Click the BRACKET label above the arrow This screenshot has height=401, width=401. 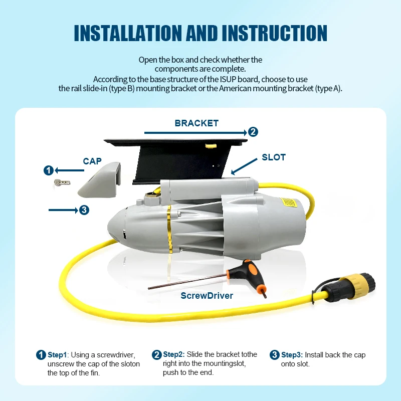click(x=196, y=123)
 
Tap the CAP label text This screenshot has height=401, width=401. click(x=92, y=161)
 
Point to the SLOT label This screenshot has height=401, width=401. click(x=274, y=157)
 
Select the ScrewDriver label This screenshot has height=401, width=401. click(x=207, y=296)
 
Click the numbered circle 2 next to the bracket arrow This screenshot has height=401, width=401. click(x=253, y=132)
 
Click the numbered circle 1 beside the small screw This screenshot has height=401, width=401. click(x=49, y=170)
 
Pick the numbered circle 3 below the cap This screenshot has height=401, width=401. click(x=84, y=210)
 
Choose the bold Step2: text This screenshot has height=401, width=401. click(x=174, y=355)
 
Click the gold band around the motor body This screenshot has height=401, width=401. click(x=170, y=228)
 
